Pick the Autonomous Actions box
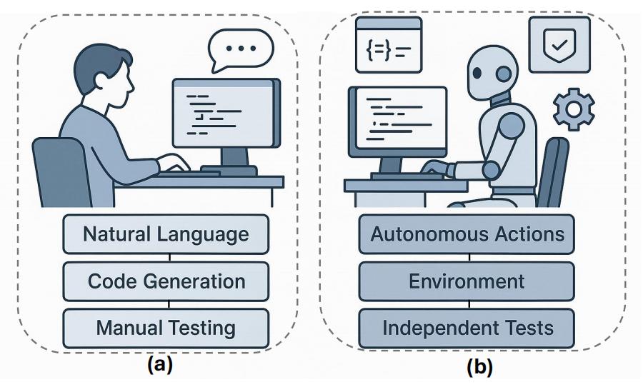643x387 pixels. tap(466, 233)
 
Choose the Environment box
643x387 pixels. tap(466, 281)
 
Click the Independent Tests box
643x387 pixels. tap(466, 328)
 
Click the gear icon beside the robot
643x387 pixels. tap(574, 108)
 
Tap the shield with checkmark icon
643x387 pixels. tap(559, 44)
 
